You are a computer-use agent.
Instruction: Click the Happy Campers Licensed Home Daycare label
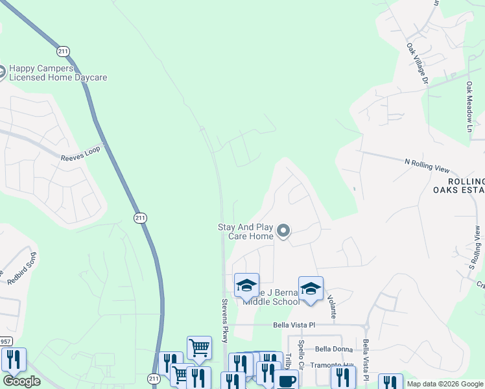click(x=58, y=72)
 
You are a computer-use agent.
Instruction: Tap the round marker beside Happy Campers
click(x=1, y=71)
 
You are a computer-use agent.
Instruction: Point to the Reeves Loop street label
click(x=82, y=153)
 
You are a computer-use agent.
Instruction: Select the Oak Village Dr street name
click(x=417, y=64)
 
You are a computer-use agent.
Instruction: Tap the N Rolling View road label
click(x=426, y=165)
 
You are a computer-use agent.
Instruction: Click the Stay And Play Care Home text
click(x=245, y=231)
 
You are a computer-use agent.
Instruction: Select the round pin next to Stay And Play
click(x=283, y=230)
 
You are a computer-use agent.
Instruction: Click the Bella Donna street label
click(x=333, y=349)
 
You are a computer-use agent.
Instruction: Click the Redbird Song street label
click(x=19, y=276)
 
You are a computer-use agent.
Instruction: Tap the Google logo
click(x=21, y=381)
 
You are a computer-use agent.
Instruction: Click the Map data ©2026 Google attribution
click(x=444, y=384)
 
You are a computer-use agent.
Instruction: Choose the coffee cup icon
click(x=287, y=380)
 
